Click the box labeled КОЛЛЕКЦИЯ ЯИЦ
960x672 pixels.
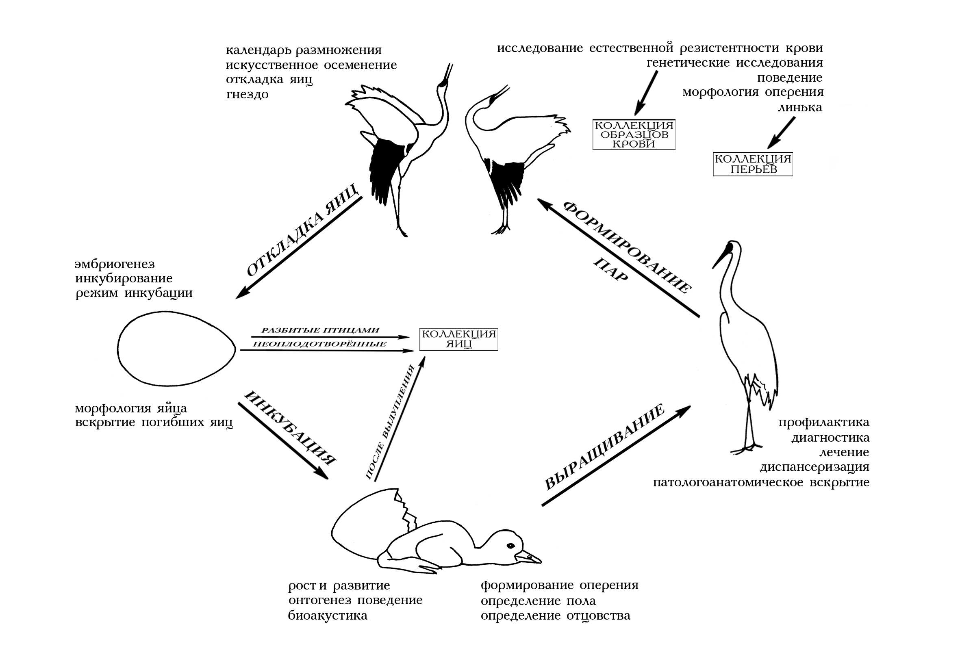[x=459, y=339]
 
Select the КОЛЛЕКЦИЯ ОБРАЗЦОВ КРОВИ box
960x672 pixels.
[x=634, y=134]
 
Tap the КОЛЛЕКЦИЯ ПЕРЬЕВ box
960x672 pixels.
[x=753, y=164]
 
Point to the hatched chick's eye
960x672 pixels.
[x=510, y=546]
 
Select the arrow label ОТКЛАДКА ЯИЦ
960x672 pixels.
[x=302, y=230]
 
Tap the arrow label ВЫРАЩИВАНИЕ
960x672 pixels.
[x=605, y=447]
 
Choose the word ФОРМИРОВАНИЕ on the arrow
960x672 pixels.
[x=627, y=247]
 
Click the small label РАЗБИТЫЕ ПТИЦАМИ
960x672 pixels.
[x=320, y=331]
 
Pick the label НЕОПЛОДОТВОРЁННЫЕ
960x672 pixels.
[x=320, y=345]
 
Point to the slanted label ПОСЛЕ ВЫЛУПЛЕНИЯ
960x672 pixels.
[x=391, y=422]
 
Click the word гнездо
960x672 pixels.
[x=247, y=95]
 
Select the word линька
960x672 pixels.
[x=799, y=108]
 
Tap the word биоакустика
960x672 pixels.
[x=328, y=616]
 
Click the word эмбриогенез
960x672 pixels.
[x=115, y=264]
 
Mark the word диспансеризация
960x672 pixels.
[x=814, y=467]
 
